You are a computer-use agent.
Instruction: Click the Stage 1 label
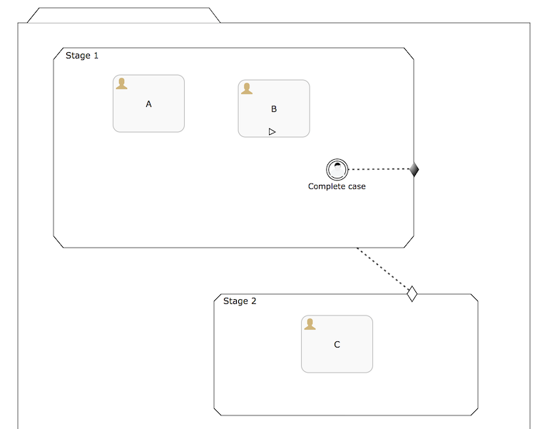(82, 56)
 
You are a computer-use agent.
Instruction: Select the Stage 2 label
(240, 301)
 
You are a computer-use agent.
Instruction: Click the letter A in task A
(148, 104)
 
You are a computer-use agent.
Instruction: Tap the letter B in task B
(274, 109)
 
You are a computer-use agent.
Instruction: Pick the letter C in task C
(337, 345)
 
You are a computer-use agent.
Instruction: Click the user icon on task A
(122, 84)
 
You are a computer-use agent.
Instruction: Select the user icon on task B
(247, 89)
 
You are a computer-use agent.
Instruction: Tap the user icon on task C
(310, 324)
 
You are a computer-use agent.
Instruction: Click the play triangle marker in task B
(272, 131)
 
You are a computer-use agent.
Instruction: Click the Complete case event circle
(337, 169)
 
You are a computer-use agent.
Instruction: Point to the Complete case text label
(337, 186)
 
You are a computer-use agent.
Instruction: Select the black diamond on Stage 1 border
(414, 169)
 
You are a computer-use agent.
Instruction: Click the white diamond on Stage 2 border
(412, 293)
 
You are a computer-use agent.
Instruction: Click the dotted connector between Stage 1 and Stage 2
(383, 270)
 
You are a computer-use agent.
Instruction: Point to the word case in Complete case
(356, 186)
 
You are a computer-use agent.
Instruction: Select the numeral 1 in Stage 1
(96, 56)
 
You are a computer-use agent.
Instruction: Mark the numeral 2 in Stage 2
(253, 301)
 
